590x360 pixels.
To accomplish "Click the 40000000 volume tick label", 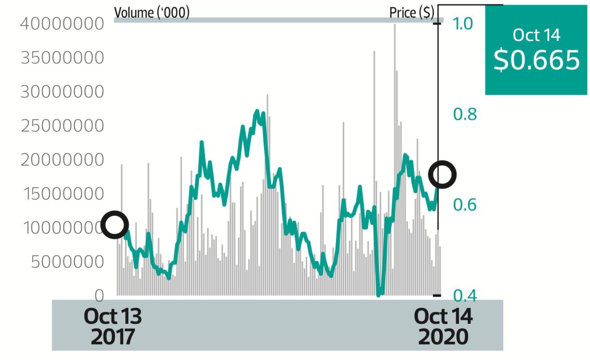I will click(x=62, y=24).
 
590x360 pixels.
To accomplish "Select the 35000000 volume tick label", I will click(x=62, y=58).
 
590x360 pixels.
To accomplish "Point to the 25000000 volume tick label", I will click(x=62, y=126).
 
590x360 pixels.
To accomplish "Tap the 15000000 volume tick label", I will click(x=63, y=194).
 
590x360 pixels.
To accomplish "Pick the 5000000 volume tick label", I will click(x=67, y=262).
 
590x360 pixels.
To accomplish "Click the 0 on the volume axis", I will click(x=99, y=296).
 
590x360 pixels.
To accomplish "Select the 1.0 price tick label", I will click(x=463, y=24).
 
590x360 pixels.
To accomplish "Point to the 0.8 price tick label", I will click(x=465, y=114).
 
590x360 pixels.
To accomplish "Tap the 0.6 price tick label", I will click(x=465, y=205).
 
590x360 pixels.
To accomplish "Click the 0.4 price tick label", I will click(x=465, y=295).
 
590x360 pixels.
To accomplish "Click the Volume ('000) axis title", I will click(x=152, y=13).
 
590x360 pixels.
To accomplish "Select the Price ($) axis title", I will click(x=412, y=13).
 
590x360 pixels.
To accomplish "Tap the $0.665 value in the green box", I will click(x=536, y=60).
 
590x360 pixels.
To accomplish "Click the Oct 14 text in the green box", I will click(x=536, y=35).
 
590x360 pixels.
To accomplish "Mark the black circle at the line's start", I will click(x=115, y=225).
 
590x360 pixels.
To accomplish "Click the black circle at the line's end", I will click(x=442, y=174).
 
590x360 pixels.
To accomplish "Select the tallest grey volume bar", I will click(x=395, y=158).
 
